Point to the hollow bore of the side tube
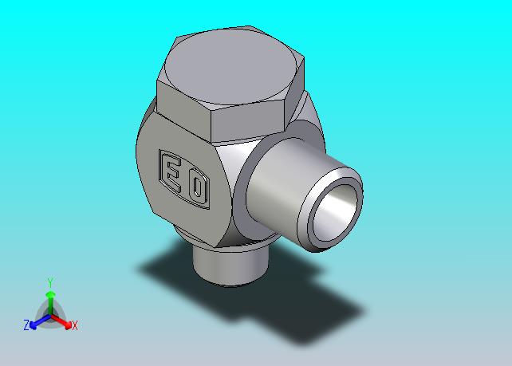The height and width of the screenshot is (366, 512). pos(334,213)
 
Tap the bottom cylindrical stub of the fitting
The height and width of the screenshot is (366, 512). pos(230,265)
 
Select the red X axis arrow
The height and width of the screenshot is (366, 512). pos(61,321)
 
